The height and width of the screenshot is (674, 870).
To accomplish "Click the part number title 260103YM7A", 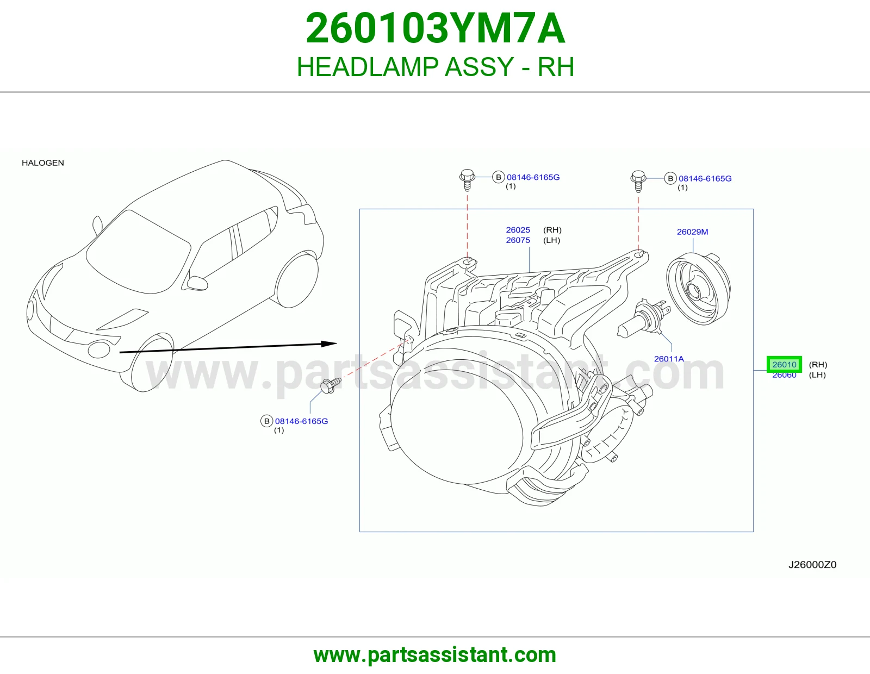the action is coord(435,28).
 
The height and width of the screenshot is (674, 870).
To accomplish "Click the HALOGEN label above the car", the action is coord(43,163).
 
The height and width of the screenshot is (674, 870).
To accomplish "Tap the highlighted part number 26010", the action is coord(784,364).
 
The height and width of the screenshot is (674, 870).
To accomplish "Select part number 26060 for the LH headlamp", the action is coord(784,375).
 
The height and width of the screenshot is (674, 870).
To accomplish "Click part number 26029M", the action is coord(692,232).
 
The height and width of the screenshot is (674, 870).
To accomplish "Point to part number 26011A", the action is coord(669,359).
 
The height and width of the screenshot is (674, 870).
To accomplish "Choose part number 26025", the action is coord(518,230).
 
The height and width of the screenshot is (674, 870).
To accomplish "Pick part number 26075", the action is coord(518,240).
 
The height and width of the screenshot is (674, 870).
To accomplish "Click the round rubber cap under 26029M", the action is coord(698,288).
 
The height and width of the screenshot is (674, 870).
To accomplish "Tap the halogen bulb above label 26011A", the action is coord(644,320).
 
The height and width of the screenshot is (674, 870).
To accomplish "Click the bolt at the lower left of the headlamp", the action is coord(330,385).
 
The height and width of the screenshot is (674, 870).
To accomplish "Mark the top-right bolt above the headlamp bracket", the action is coord(638,182).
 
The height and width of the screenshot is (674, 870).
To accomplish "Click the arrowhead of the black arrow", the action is coord(330,344).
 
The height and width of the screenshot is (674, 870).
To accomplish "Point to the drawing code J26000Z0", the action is coord(812,565).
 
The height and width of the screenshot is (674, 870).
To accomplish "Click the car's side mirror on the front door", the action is coord(197,283).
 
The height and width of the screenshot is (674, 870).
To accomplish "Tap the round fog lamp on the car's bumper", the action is coord(99,349).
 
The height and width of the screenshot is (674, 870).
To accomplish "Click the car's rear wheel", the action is coord(297,279).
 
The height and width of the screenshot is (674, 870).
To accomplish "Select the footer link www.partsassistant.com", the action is coord(435,655).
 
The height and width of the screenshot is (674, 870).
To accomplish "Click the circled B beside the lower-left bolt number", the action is coord(266,421).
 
